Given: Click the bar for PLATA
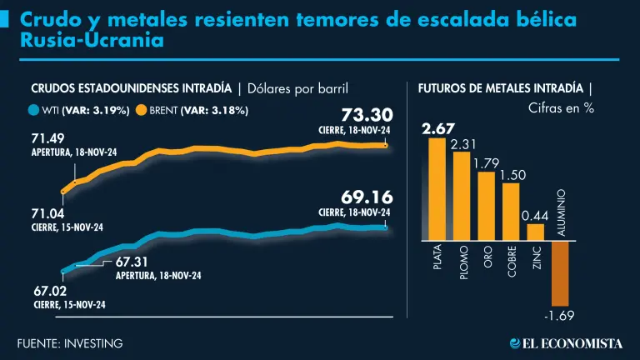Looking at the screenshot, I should [x=437, y=189].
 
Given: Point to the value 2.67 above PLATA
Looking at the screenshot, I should [x=437, y=128].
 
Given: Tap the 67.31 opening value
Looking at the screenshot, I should [x=131, y=262].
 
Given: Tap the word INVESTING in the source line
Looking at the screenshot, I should [x=94, y=342].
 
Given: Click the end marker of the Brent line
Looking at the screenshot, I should [x=387, y=145].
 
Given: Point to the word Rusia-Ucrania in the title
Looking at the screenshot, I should [x=82, y=39].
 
